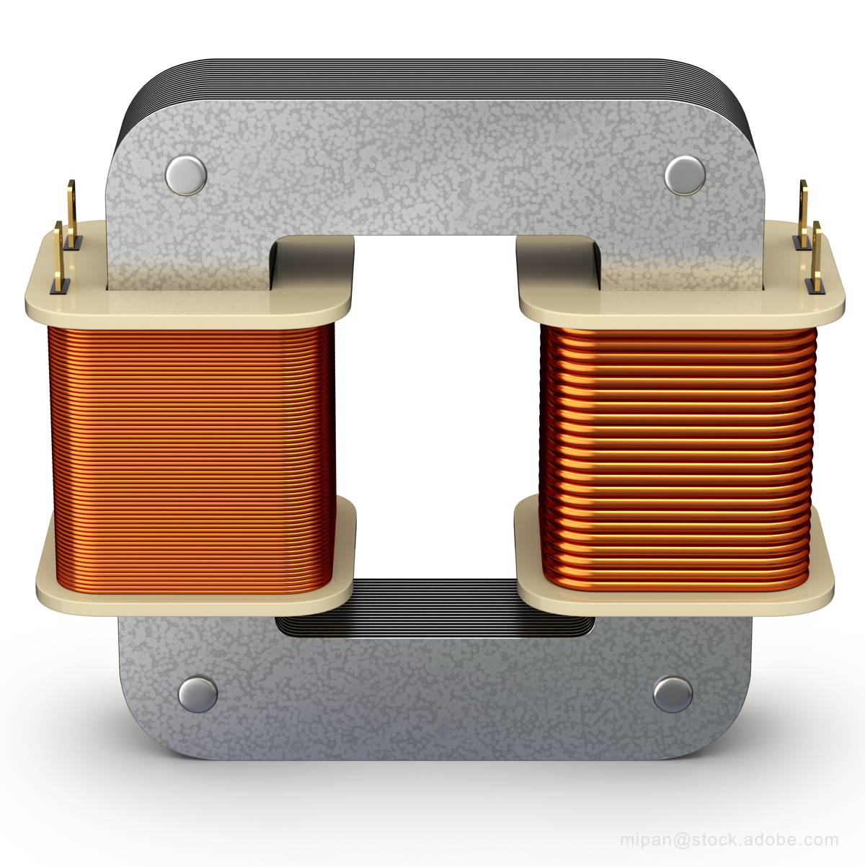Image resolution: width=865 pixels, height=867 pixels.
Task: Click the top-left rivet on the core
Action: pyautogui.click(x=185, y=175)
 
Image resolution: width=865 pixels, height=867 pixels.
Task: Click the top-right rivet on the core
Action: pyautogui.click(x=685, y=174)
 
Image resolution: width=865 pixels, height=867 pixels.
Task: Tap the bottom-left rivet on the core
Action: pyautogui.click(x=198, y=693)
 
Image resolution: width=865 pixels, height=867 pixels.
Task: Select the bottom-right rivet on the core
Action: pyautogui.click(x=673, y=694)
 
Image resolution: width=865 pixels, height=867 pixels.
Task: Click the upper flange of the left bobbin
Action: pyautogui.click(x=187, y=306)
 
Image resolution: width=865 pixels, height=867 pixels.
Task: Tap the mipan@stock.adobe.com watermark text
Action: pyautogui.click(x=729, y=840)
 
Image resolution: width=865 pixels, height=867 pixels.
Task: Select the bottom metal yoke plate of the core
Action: pyautogui.click(x=432, y=706)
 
